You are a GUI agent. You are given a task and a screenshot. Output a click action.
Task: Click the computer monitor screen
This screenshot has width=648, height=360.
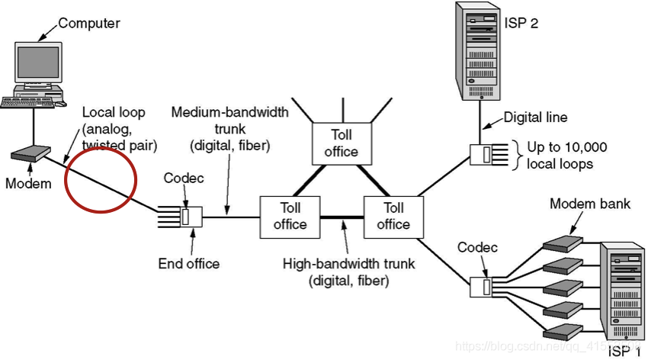click(38, 62)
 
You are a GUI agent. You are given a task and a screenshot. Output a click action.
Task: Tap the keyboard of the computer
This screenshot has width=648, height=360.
click(27, 102)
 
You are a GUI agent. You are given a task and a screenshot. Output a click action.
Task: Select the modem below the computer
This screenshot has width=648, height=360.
click(30, 153)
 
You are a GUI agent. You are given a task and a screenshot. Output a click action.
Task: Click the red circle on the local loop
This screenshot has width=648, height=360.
click(101, 180)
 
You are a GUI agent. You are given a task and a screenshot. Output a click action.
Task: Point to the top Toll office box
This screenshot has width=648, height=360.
click(342, 143)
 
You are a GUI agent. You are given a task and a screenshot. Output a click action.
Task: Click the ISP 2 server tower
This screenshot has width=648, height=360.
click(478, 51)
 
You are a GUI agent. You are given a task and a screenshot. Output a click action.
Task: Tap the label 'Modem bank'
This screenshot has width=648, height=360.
click(590, 204)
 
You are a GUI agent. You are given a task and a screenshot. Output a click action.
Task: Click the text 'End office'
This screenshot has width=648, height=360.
click(189, 264)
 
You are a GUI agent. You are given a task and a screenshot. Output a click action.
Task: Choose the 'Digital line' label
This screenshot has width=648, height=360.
click(535, 117)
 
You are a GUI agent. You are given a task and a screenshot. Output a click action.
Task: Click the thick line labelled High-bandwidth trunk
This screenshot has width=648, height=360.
click(342, 217)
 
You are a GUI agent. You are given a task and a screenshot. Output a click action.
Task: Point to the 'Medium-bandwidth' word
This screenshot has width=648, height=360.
click(229, 112)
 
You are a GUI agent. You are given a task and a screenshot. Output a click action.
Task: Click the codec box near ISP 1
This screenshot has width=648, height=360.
click(481, 287)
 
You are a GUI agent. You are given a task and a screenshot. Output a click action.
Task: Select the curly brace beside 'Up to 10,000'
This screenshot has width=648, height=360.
click(517, 156)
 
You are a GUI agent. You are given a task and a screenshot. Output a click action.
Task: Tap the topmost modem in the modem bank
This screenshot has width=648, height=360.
click(563, 243)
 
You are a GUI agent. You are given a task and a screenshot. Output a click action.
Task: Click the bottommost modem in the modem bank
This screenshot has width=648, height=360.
click(563, 332)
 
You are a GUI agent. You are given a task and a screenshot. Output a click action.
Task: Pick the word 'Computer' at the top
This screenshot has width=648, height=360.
click(89, 23)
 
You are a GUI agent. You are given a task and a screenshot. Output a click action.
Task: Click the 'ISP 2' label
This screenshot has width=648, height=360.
click(521, 23)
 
